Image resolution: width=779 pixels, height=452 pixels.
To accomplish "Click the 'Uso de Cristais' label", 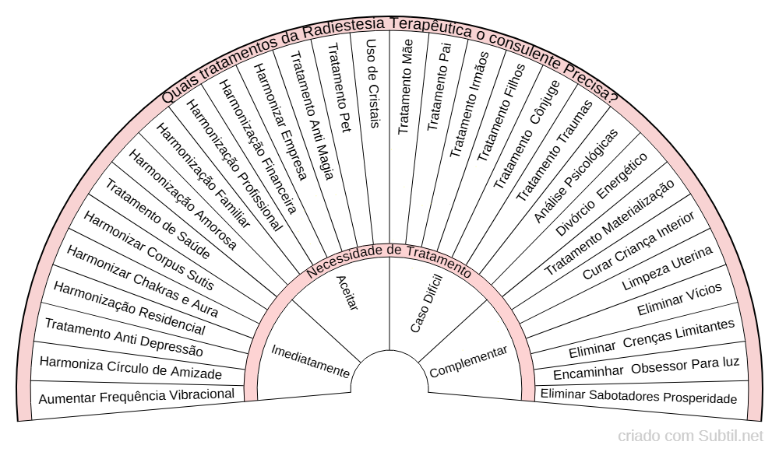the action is click(x=372, y=83).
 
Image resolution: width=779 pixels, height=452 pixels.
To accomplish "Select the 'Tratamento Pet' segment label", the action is click(x=340, y=88).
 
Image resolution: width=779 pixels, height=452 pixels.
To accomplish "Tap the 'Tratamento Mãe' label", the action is click(x=405, y=86).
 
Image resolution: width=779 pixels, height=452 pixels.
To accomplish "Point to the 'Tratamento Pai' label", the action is click(x=439, y=86).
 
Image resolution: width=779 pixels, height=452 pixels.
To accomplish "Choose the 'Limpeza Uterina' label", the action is click(x=668, y=268).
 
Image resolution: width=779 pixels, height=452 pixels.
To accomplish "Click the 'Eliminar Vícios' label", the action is click(x=679, y=300).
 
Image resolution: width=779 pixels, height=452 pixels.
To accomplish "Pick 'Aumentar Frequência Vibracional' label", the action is click(x=136, y=397).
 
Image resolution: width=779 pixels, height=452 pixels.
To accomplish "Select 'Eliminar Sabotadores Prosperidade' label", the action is click(x=639, y=396).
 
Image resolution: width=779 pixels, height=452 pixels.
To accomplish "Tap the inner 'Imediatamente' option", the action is click(x=311, y=361).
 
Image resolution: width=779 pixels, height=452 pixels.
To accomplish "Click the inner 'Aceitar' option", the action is click(x=347, y=293).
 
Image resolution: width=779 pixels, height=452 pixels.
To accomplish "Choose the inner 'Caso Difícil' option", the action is click(x=426, y=303).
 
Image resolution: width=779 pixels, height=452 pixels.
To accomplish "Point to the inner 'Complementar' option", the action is click(x=468, y=361).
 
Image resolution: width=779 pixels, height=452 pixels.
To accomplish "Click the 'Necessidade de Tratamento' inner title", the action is click(x=389, y=259).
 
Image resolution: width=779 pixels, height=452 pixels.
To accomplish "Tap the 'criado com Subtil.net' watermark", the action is click(x=690, y=436).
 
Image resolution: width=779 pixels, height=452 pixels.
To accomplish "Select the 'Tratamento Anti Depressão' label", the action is click(x=124, y=338).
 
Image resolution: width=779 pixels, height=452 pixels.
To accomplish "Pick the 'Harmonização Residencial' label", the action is click(x=129, y=308).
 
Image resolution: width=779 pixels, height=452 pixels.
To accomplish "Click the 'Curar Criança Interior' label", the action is click(x=639, y=246).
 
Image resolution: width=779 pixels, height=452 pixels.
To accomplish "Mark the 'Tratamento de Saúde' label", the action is click(x=158, y=219).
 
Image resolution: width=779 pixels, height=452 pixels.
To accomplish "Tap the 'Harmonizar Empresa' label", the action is click(x=280, y=121).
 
